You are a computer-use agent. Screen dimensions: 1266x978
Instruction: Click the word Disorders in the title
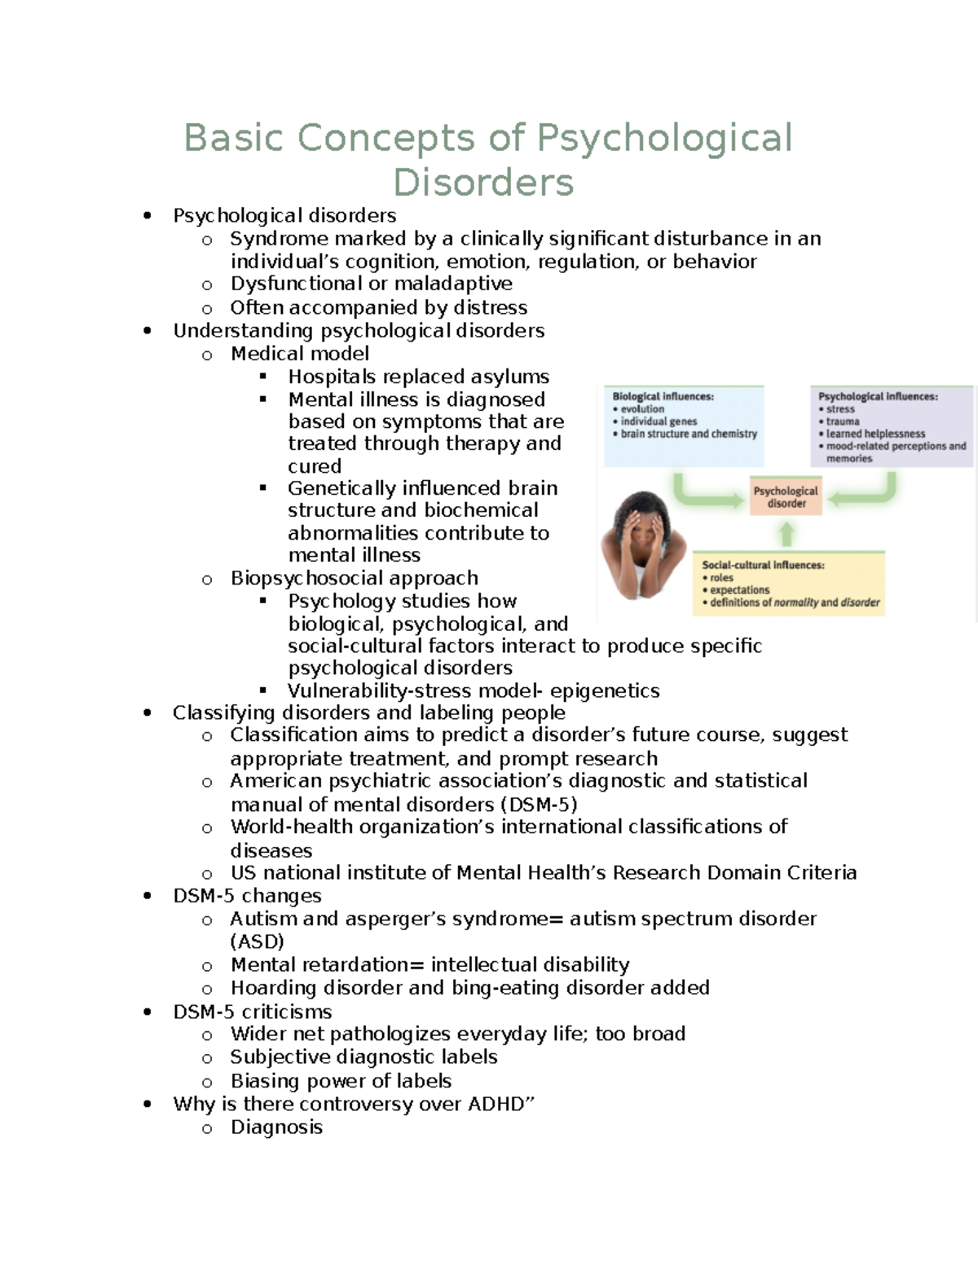483,182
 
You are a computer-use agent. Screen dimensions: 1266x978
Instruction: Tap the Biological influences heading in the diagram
663,396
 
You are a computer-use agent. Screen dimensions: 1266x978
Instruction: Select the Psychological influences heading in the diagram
878,396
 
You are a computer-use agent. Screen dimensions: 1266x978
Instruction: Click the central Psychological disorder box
786,496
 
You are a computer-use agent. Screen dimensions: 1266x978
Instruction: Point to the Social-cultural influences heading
763,565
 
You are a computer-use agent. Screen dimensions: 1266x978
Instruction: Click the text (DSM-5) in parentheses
539,805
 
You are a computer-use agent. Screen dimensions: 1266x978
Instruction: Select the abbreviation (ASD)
257,942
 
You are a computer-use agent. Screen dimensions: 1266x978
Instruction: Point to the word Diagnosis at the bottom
276,1127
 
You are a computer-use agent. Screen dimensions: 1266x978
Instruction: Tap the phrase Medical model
299,353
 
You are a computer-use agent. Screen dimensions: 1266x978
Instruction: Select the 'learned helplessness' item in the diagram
875,434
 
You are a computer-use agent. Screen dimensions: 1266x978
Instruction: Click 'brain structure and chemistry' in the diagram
689,434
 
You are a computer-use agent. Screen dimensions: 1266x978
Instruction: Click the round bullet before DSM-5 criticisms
147,1012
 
